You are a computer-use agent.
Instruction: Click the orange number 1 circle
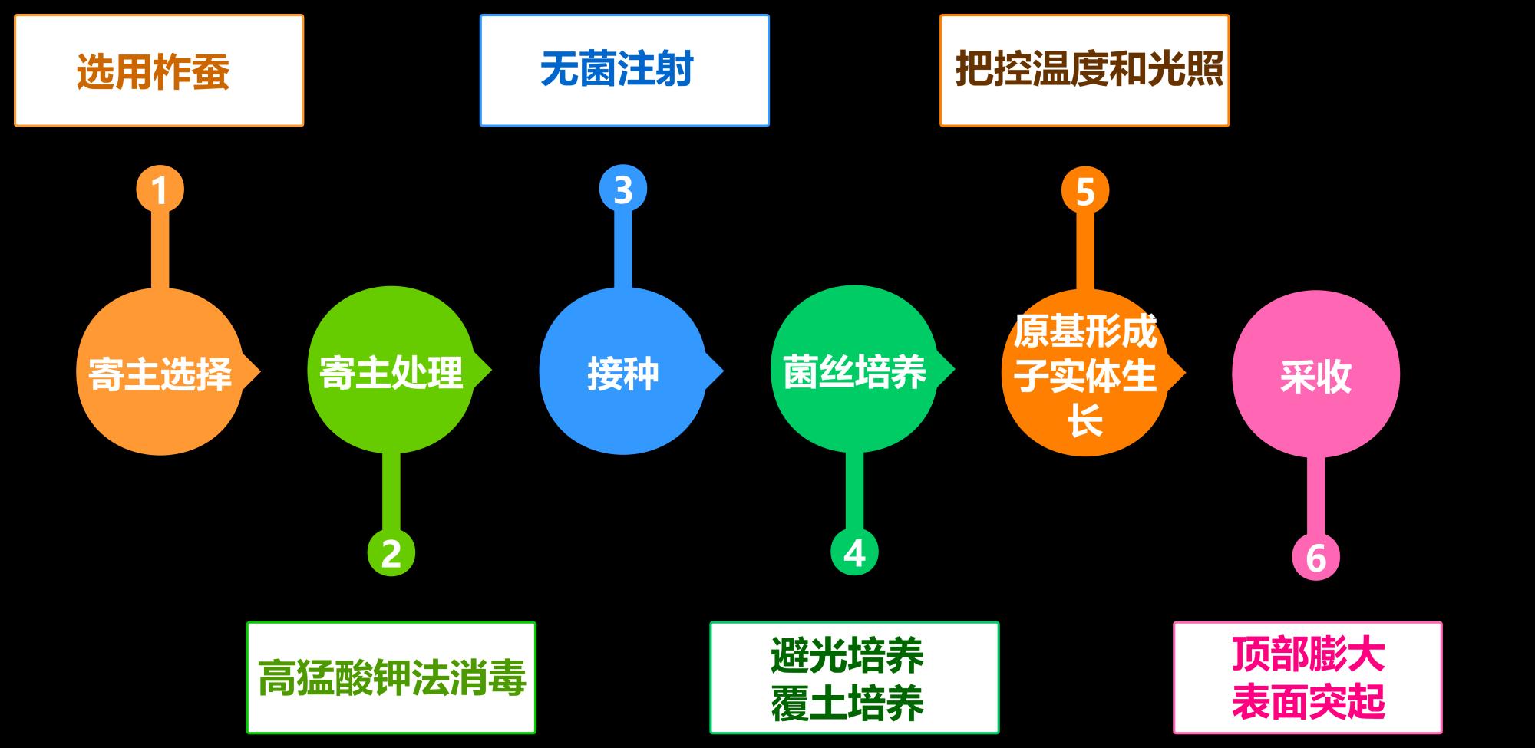pos(160,189)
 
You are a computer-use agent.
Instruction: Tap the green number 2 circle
pos(391,552)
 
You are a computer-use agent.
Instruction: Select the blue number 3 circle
pos(622,189)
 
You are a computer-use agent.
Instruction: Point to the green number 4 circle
pos(854,552)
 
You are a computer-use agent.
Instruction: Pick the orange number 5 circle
pos(1085,191)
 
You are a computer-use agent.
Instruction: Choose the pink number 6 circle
pos(1315,558)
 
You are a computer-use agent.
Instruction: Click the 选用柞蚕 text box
pos(159,71)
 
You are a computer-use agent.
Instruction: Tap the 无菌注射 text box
pos(624,70)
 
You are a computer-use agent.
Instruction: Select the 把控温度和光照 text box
pos(1084,70)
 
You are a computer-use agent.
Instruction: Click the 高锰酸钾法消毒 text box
pos(391,677)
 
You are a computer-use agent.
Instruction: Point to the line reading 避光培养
pos(847,656)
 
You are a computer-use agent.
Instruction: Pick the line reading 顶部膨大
pos(1308,654)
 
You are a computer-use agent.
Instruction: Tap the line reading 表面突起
pos(1308,702)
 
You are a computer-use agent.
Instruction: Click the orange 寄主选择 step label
pos(160,374)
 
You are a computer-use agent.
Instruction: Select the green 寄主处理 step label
pos(391,373)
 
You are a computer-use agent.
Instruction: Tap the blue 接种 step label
pos(622,374)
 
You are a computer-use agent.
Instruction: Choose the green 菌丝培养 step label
pos(854,372)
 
